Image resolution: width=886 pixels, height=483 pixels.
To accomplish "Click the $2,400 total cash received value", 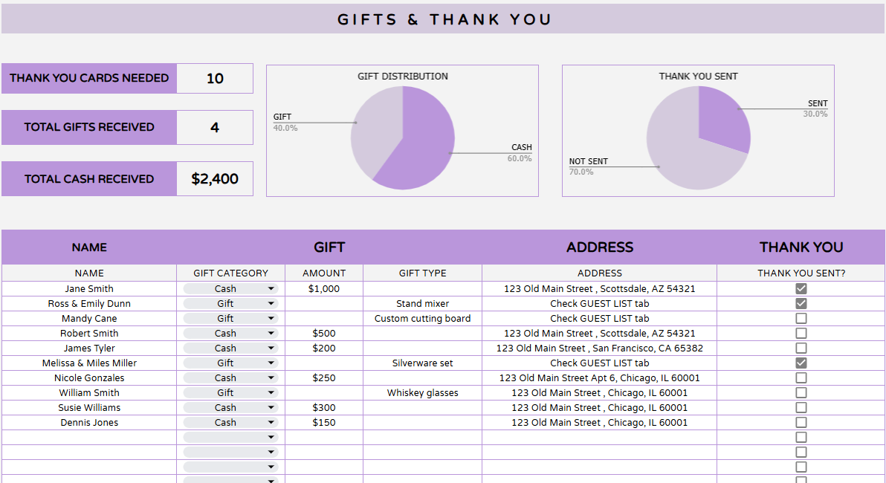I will (215, 179).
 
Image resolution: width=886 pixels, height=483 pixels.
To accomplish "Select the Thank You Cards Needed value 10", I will (215, 79).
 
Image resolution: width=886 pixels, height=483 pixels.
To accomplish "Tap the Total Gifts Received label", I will (89, 127).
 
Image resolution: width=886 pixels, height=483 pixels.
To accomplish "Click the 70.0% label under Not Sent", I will (581, 172).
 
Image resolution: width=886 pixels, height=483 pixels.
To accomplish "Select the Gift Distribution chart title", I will (403, 76).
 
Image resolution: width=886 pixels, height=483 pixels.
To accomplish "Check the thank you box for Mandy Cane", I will (801, 318).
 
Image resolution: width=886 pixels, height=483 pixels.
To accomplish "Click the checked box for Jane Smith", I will (801, 288).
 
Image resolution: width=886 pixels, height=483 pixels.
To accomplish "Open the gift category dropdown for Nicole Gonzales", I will (271, 378).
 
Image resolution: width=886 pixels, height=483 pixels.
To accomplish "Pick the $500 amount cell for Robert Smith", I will (324, 333).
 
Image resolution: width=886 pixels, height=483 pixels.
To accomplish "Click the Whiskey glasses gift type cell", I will (422, 392).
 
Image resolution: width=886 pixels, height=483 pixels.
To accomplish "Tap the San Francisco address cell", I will (599, 348).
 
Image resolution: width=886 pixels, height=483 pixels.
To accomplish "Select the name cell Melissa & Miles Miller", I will (89, 363).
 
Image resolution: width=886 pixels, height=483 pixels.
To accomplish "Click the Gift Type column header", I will (422, 273).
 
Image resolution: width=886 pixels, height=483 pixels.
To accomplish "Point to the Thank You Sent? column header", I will (801, 273).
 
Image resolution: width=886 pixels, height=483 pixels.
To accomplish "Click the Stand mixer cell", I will (422, 303).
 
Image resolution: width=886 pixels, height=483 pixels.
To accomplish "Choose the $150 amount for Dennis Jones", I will (324, 422).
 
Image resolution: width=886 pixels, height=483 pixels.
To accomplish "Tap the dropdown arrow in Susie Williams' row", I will (271, 408).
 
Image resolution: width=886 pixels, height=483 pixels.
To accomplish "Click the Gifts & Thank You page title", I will (444, 19).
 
